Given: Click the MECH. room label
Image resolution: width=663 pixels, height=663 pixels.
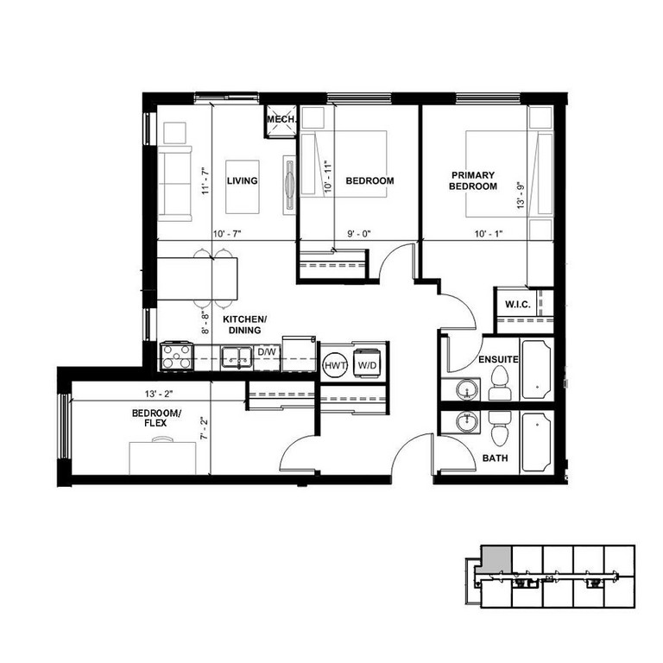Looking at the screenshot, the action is coord(281,119).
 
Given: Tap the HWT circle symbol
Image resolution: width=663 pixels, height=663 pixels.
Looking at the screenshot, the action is coord(335,365).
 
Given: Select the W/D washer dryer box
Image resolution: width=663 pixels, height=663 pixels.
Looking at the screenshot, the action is coord(367,364).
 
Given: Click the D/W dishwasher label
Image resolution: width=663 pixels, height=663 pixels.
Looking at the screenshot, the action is coord(267,352).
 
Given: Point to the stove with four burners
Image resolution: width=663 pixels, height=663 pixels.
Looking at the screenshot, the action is coord(177,357).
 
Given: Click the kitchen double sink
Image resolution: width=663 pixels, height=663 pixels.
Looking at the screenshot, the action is coord(237,357).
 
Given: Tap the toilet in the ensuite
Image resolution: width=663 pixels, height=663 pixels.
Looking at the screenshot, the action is coord(499,382).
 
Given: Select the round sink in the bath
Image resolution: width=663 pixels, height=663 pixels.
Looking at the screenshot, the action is coord(467,421).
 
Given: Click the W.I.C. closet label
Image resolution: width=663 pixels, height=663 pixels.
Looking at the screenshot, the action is coord(518,305).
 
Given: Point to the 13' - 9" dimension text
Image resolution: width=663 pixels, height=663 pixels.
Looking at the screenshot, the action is coord(520,195).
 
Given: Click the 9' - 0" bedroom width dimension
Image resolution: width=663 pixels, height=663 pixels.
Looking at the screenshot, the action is coord(359,233).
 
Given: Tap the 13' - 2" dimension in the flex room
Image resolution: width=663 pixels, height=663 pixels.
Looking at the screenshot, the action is coord(159,394).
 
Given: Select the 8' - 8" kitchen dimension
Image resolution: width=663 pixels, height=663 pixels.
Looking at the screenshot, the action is coord(205,323).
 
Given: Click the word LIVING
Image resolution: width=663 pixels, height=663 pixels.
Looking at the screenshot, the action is coord(243,180).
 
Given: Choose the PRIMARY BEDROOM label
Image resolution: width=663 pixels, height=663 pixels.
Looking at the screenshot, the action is coord(473,180).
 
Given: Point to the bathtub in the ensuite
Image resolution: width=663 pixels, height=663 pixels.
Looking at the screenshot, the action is coord(537,369).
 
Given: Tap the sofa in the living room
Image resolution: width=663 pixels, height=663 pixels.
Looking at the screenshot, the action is coord(174,184).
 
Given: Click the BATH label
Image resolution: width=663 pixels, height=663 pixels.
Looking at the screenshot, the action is coord(496,458).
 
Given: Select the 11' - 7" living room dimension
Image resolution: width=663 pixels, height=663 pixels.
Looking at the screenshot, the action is coord(205,181).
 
